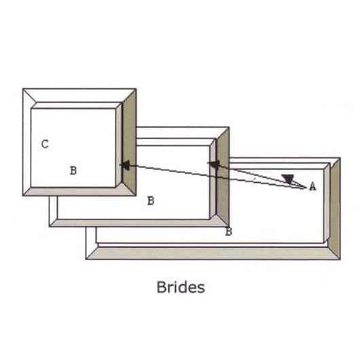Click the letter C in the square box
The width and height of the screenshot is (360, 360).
tap(45, 144)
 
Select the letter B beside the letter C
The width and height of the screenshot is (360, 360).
tap(73, 170)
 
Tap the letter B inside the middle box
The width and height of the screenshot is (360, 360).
tap(151, 200)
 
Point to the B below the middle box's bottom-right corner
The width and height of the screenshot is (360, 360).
tap(229, 232)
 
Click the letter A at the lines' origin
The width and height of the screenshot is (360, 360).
tap(312, 186)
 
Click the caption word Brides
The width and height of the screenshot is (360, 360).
tap(181, 287)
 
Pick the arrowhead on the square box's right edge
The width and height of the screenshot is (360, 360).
tap(126, 166)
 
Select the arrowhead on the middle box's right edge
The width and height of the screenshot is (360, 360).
tap(215, 164)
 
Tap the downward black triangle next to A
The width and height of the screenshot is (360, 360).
tap(288, 179)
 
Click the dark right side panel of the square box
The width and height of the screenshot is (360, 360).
tap(129, 143)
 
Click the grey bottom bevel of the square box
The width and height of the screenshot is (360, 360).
tap(79, 192)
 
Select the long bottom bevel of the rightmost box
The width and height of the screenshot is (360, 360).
tap(213, 253)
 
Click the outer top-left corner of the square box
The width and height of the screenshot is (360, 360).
tap(22, 88)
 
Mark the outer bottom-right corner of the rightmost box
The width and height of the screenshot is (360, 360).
tap(340, 259)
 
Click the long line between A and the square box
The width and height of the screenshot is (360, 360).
tap(213, 177)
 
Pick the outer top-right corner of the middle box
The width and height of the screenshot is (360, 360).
tap(229, 127)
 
